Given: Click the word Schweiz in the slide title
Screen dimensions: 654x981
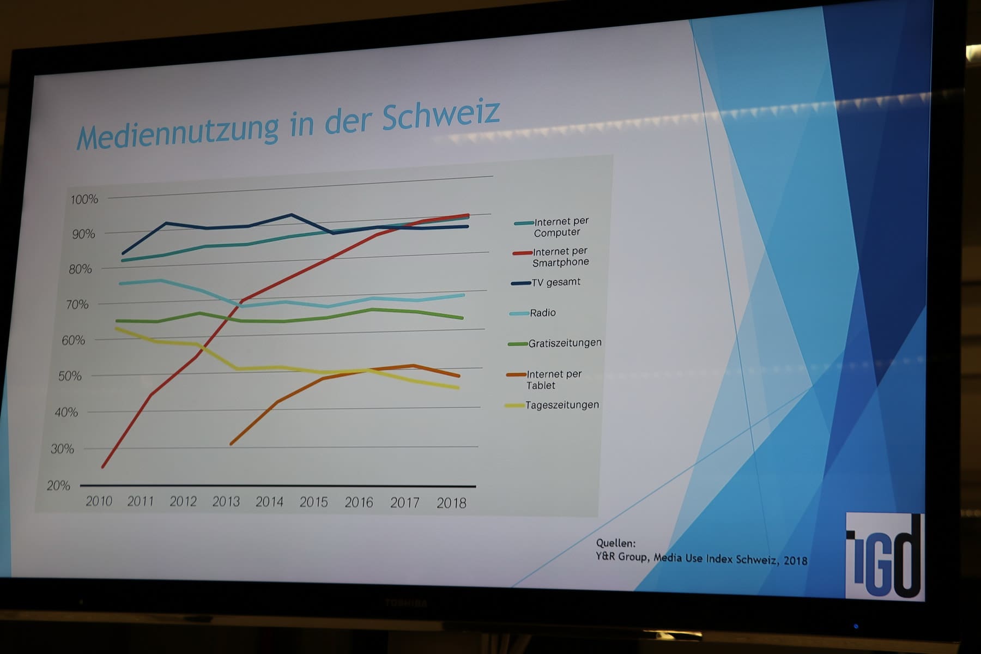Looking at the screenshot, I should pos(440,115).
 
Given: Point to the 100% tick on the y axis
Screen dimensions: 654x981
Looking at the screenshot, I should pos(84,199).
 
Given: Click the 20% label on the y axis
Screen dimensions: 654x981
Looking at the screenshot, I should pos(59,486).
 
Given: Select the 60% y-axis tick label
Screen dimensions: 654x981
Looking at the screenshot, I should pos(74,341).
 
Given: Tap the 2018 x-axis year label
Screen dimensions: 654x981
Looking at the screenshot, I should pos(451,503).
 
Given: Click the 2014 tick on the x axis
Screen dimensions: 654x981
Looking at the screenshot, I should pos(269,502).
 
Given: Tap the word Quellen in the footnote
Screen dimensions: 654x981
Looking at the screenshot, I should pos(615,543).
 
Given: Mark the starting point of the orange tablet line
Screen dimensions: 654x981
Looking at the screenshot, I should pos(231,444).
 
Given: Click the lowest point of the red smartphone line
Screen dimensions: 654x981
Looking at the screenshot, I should pos(102,467).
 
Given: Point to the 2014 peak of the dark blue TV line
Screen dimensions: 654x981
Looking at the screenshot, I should pos(292,215).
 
